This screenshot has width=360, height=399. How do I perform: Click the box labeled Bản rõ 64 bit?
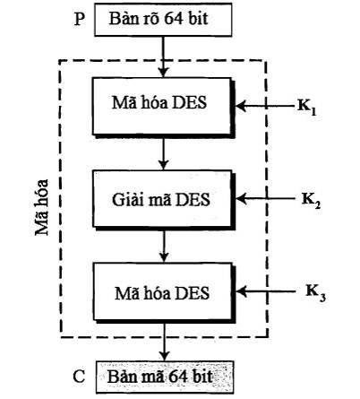click(163, 20)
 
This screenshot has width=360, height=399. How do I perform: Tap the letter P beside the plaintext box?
click(79, 20)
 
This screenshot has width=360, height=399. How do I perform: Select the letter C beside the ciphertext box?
click(79, 377)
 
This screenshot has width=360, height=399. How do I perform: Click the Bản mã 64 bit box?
click(165, 377)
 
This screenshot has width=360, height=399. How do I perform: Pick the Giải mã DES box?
click(163, 199)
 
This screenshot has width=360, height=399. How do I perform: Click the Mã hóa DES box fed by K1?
click(163, 107)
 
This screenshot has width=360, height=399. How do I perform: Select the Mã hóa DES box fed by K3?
click(164, 292)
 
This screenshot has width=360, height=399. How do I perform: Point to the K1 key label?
click(306, 108)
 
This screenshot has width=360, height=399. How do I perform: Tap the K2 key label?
click(311, 201)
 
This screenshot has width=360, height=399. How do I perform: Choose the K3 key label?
click(315, 293)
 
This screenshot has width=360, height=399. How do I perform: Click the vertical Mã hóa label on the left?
click(42, 207)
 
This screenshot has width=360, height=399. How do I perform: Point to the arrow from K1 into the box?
click(265, 106)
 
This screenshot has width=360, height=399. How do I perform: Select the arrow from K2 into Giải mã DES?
click(265, 198)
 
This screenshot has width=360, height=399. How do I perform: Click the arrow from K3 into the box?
click(267, 291)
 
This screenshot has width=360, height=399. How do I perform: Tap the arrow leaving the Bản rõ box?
click(163, 56)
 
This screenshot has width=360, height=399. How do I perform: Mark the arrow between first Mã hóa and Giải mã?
click(163, 154)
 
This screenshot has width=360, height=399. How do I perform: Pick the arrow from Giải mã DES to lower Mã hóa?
click(164, 247)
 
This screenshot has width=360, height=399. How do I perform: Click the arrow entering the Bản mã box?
click(164, 342)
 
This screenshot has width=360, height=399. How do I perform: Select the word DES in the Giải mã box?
click(193, 200)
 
